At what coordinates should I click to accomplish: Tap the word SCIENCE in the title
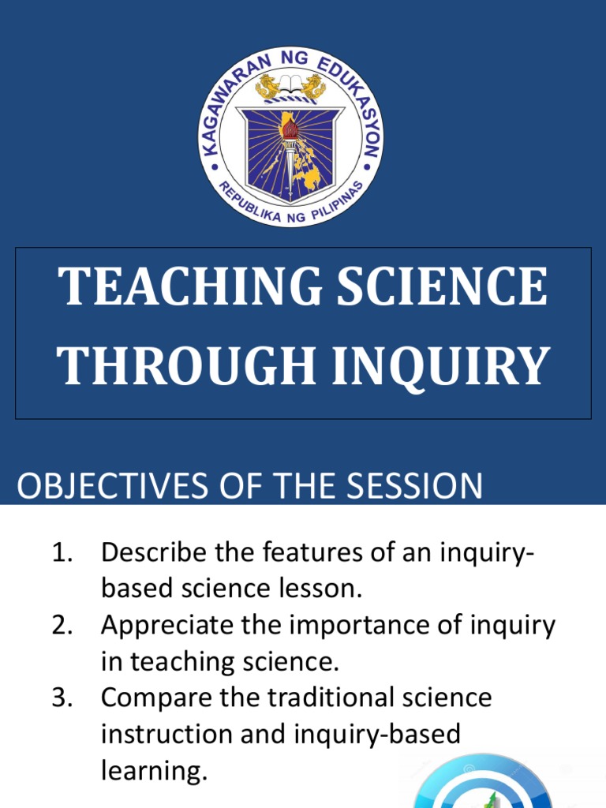pos(436,288)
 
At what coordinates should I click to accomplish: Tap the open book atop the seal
pos(290,83)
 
